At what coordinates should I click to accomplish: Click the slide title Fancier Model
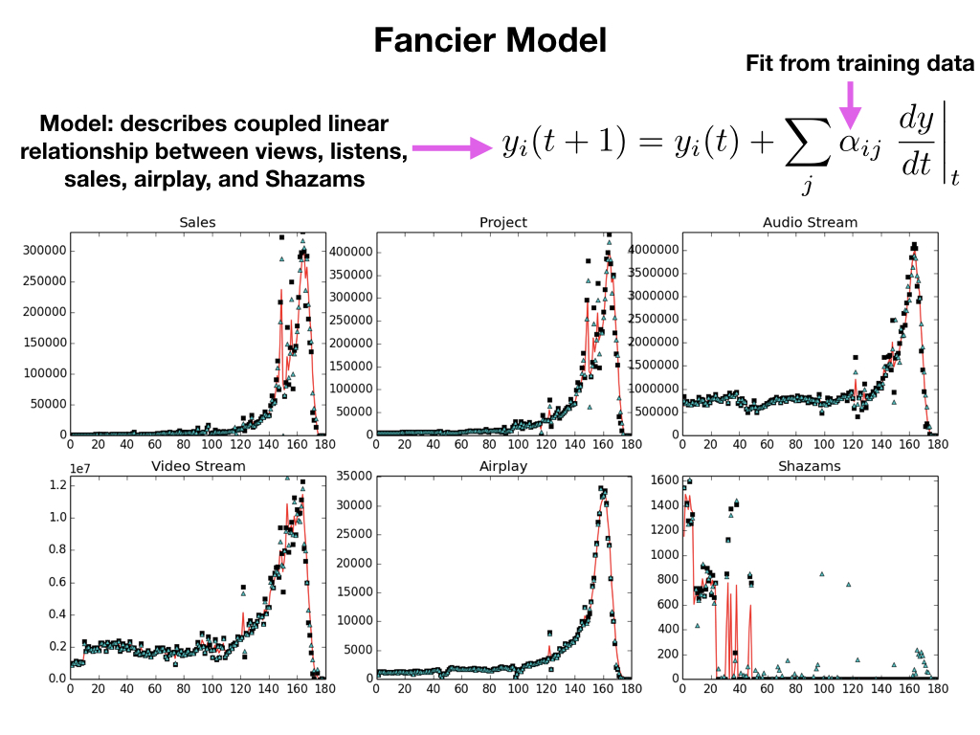[x=489, y=40]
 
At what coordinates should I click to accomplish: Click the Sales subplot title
[x=197, y=222]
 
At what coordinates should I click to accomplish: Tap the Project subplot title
[x=503, y=222]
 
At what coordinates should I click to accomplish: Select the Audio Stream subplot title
[x=810, y=222]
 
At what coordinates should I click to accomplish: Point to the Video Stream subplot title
[x=198, y=466]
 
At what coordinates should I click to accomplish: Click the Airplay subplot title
[x=503, y=466]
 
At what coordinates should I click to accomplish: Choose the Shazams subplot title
[x=810, y=466]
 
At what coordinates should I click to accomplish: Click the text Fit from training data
[x=859, y=64]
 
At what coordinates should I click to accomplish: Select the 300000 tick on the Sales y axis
[x=44, y=251]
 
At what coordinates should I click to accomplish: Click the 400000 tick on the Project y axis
[x=348, y=252]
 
